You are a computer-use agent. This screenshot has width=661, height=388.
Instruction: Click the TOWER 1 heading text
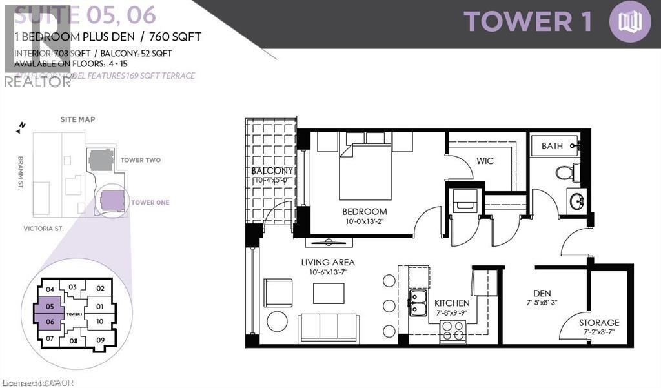[x=527, y=21]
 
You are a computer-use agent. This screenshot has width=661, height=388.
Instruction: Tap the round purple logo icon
[x=629, y=21]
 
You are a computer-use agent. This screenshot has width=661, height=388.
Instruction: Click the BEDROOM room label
[x=365, y=211]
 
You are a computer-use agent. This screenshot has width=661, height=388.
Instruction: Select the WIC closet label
[x=485, y=161]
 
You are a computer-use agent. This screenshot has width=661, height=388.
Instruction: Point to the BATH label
[x=552, y=146]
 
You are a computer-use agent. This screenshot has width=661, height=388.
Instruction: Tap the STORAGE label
[x=599, y=322]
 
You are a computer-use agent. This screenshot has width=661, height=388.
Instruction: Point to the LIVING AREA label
[x=328, y=262]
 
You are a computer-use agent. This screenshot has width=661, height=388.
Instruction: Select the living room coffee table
[x=329, y=293]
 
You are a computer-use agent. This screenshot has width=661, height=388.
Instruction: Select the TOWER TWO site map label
[x=140, y=160]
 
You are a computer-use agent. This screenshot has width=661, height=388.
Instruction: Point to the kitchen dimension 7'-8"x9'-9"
[x=451, y=313]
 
